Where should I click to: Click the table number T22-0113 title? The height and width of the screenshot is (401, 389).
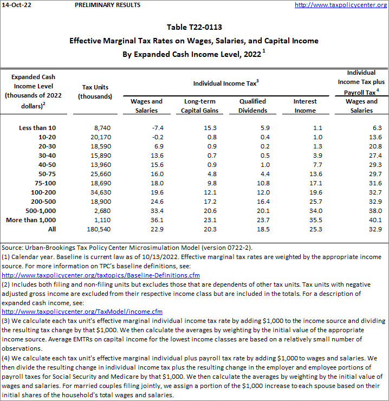[x=194, y=27]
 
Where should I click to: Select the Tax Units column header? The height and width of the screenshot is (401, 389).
[x=95, y=92]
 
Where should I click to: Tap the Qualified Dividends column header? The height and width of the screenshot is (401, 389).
[x=252, y=106]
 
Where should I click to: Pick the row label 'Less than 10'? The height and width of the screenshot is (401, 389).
[x=37, y=127]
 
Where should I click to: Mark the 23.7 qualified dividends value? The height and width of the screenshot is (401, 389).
[x=262, y=219]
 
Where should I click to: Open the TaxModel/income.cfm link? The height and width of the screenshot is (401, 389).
[x=82, y=312]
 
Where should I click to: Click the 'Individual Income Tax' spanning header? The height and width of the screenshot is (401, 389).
[x=226, y=83]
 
